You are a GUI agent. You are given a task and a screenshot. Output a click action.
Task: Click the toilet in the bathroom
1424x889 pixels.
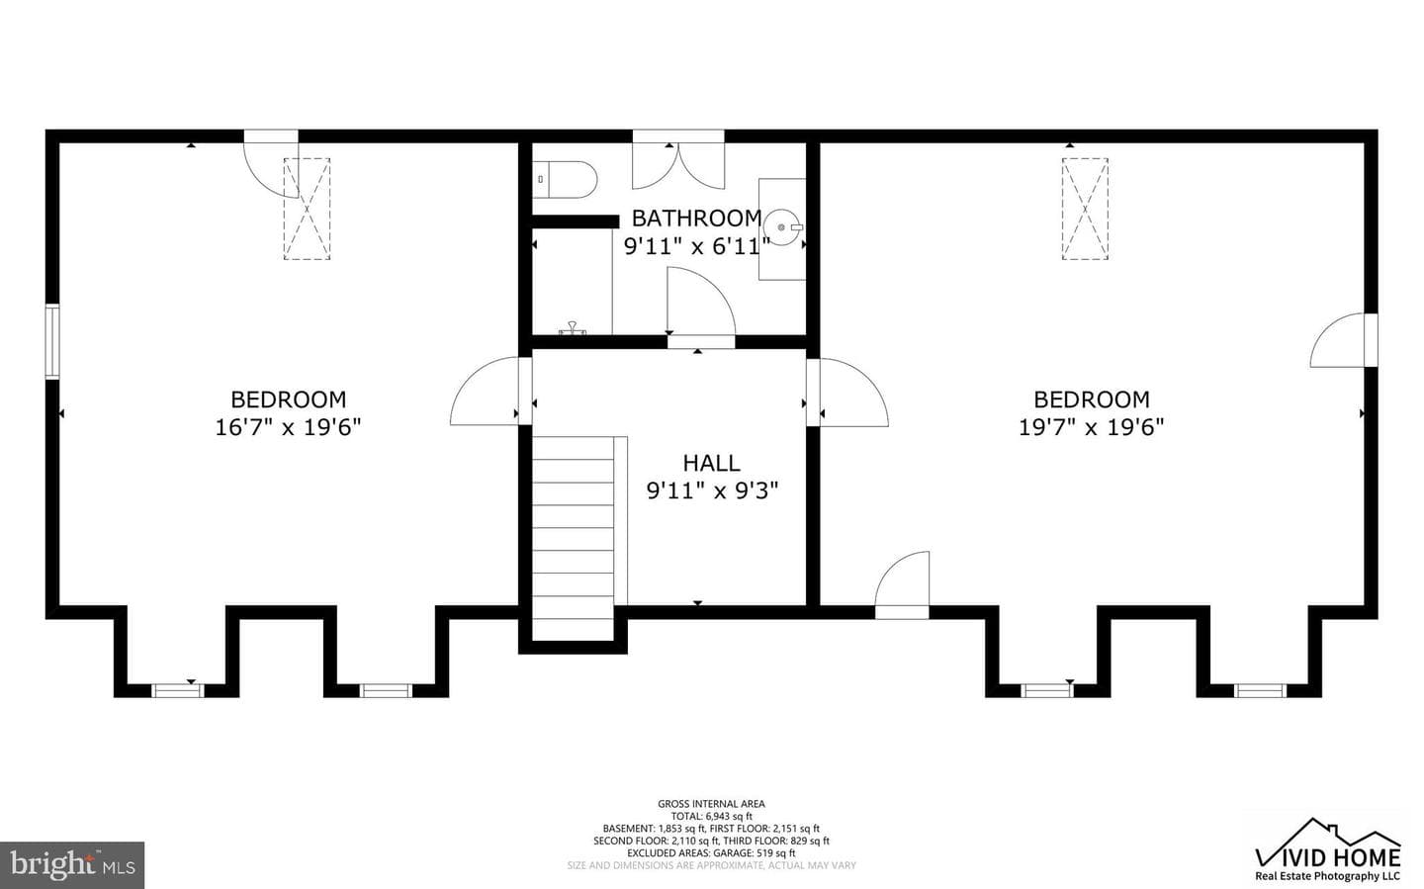(x=566, y=180)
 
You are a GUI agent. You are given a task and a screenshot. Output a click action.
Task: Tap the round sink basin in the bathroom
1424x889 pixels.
(x=784, y=227)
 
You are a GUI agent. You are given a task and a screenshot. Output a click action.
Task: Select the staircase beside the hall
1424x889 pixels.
(x=573, y=539)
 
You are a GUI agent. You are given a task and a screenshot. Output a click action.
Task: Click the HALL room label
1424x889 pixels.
(x=711, y=463)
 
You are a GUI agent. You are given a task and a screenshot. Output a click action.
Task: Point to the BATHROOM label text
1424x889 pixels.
(x=697, y=219)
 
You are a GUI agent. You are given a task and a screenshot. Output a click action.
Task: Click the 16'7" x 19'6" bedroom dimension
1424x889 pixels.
(x=288, y=427)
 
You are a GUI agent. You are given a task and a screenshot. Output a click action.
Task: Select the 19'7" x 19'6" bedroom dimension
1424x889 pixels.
(x=1092, y=427)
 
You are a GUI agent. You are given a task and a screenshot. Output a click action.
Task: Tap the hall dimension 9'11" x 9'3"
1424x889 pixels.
(x=712, y=490)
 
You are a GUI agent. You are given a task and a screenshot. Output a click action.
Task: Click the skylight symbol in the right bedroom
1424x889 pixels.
(x=1085, y=209)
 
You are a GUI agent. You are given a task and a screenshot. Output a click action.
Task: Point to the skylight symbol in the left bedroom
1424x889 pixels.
(x=307, y=209)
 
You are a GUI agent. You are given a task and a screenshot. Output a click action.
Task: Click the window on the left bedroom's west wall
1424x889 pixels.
(x=52, y=342)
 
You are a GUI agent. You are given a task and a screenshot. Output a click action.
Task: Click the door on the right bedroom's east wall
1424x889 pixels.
(x=1343, y=340)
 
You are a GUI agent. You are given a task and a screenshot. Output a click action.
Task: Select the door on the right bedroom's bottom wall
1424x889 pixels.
(x=902, y=584)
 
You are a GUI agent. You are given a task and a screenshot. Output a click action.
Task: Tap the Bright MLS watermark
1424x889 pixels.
(x=72, y=865)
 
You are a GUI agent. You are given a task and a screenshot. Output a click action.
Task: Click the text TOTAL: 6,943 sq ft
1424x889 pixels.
(x=711, y=816)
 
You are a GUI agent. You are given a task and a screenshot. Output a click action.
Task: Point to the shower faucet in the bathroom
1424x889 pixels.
(x=573, y=328)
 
